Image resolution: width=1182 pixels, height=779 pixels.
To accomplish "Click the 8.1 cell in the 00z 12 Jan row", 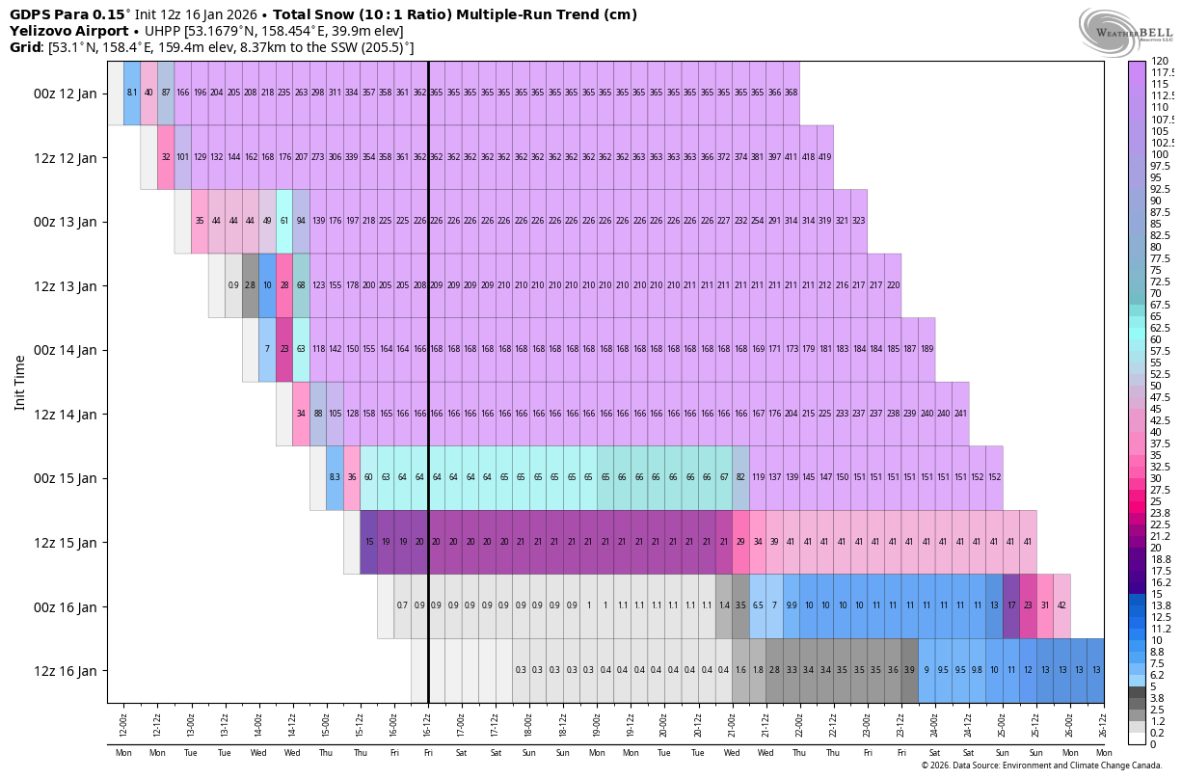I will point(132,93).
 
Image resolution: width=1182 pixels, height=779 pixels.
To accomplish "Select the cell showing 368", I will point(791,93).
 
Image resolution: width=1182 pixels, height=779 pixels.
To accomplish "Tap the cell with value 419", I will point(824,157).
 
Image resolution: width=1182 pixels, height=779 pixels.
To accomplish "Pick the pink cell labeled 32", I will point(166,157).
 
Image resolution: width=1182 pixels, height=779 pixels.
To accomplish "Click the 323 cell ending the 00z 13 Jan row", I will point(858,221).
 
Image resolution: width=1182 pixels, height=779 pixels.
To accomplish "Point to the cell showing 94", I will point(301,221).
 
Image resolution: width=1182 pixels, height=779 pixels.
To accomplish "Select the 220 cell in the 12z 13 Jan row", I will point(893,285).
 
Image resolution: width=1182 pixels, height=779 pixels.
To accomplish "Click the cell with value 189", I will point(927,349).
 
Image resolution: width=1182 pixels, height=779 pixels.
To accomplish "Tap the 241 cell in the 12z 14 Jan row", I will point(960,414).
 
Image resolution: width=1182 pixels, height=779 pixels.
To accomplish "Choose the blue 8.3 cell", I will point(335,477).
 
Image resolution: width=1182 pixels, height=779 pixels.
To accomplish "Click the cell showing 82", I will point(740,477).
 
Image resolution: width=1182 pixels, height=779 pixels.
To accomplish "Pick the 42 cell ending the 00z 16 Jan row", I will point(1061,605).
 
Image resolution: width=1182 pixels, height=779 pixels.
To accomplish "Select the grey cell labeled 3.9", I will point(909,670).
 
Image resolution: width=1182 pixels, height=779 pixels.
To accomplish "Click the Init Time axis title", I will point(19,382).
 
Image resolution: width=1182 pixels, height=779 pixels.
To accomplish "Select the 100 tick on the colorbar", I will point(1160,154).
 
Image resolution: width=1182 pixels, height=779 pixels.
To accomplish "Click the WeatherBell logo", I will point(1125,32).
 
